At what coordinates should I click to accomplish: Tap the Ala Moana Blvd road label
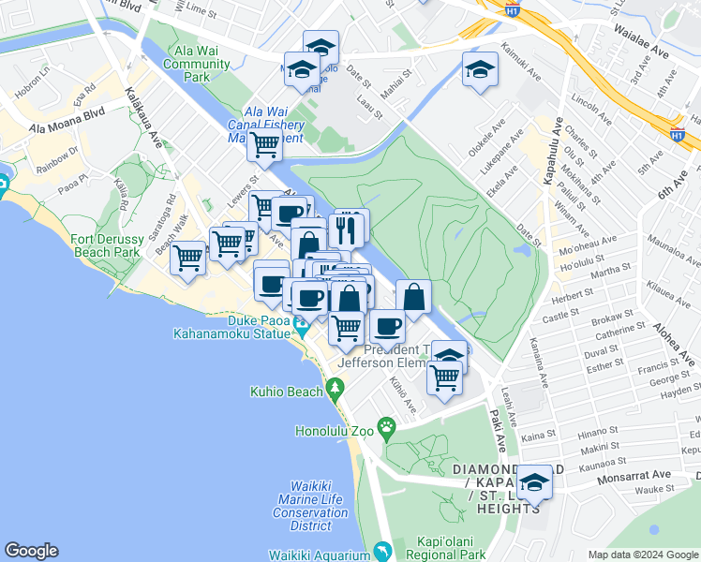point(67,119)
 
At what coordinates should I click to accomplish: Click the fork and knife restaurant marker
point(350,227)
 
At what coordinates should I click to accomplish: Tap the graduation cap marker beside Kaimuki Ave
point(480,69)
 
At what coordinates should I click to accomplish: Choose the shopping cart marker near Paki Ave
point(445,378)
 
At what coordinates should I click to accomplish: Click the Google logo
point(31,551)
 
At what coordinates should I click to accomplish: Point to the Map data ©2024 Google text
point(642,555)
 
